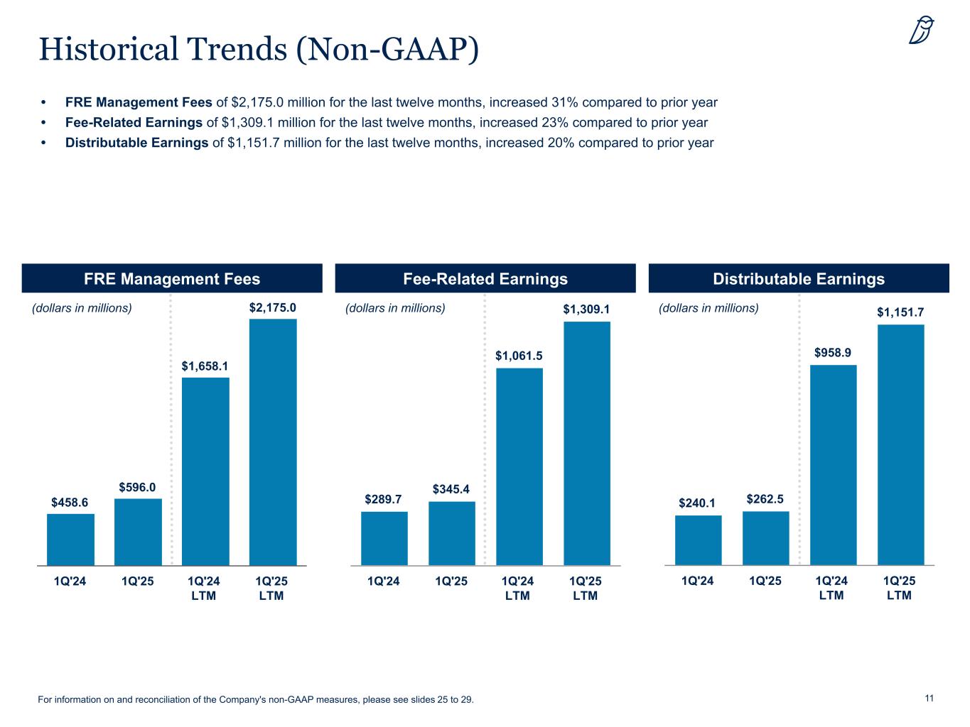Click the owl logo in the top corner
(x=922, y=31)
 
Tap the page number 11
(x=929, y=699)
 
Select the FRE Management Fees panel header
(x=172, y=279)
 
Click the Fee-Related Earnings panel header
(x=485, y=279)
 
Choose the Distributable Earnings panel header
(x=799, y=279)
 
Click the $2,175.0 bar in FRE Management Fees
(x=273, y=442)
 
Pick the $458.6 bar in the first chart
(x=70, y=539)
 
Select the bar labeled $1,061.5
(x=519, y=466)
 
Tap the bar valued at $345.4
(x=452, y=532)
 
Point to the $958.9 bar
(x=833, y=464)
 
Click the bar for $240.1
(x=698, y=540)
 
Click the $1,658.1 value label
(x=205, y=366)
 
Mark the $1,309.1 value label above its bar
(x=587, y=310)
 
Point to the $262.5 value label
(x=765, y=500)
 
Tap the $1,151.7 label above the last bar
(x=900, y=312)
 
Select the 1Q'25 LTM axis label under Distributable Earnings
(x=899, y=588)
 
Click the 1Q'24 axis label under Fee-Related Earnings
(x=384, y=581)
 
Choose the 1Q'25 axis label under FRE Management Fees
(x=138, y=581)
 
